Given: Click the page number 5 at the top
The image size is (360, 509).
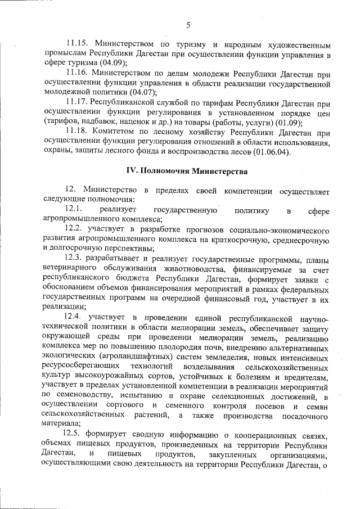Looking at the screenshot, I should tap(188, 24).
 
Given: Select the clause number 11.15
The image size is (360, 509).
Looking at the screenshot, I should tap(77, 43).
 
